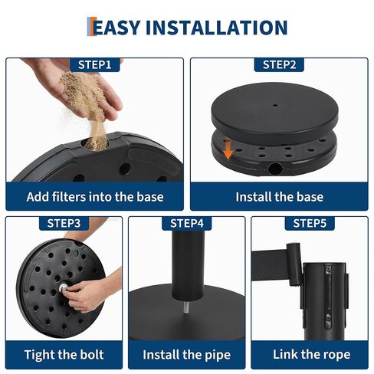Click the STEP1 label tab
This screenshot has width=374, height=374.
[x=95, y=64]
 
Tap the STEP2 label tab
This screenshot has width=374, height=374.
[x=280, y=64]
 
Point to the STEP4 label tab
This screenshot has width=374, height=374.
[x=187, y=223]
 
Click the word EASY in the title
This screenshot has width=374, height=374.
[x=115, y=28]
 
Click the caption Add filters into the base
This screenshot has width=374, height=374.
[x=95, y=197]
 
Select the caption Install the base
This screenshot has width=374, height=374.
[x=280, y=197]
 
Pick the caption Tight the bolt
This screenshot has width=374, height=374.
[x=64, y=355]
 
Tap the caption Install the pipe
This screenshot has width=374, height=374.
[x=187, y=355]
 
